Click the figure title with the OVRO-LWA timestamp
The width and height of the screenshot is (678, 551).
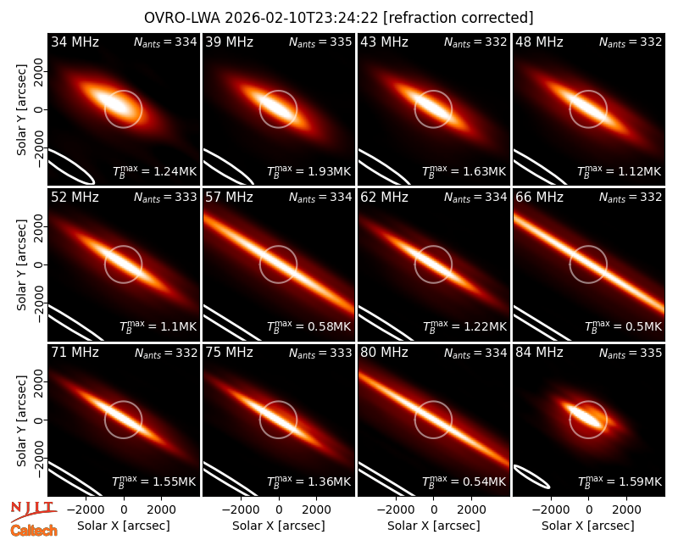(x=338, y=18)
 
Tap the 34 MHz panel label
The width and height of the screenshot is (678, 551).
(x=75, y=42)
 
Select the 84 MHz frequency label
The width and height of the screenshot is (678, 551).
(x=539, y=353)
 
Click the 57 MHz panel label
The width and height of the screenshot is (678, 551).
(x=229, y=198)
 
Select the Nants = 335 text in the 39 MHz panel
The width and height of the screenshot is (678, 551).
(x=320, y=42)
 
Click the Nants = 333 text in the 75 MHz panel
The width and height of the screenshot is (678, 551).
(x=320, y=353)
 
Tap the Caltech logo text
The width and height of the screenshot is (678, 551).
(x=34, y=531)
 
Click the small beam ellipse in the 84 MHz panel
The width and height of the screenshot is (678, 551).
(x=532, y=476)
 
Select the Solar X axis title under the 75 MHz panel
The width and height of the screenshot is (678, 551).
(x=279, y=526)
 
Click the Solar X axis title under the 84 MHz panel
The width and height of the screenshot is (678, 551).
(x=588, y=526)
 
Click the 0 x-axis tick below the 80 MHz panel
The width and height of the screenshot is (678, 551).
(x=434, y=510)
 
